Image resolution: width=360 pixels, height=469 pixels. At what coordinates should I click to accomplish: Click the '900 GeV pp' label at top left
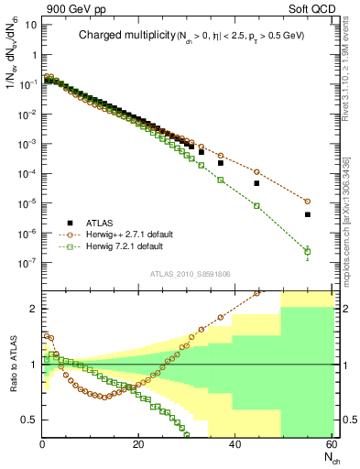pos(70,8)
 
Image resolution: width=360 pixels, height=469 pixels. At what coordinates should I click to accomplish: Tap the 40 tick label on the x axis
pos(235,445)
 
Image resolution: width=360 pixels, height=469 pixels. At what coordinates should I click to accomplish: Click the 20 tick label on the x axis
pos(138,445)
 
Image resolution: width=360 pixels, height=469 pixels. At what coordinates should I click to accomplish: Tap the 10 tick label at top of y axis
pos(30,25)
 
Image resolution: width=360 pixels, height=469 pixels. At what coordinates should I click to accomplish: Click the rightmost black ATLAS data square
pos(307,214)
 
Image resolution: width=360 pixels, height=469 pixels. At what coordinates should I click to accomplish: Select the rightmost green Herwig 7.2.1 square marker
pos(307,251)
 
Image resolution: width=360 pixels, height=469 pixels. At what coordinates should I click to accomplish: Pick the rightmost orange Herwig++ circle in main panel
pos(307,201)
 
